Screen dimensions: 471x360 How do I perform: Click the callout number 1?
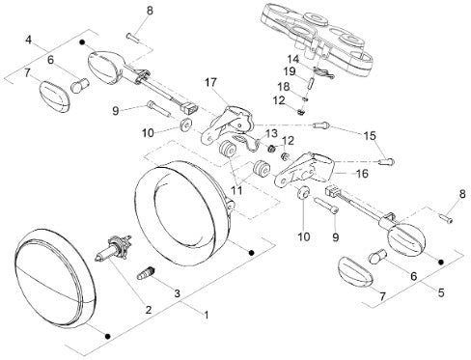coord(207,315)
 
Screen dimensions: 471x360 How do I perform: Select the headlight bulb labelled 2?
coord(113,248)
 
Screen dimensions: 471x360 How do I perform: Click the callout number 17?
coord(211,82)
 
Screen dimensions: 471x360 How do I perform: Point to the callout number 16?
coord(362,174)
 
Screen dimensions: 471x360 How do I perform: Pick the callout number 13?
coord(271,133)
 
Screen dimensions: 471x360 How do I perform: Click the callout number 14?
coord(293,59)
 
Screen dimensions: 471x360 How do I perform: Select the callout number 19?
coord(290,71)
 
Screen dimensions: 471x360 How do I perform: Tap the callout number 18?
coord(284,87)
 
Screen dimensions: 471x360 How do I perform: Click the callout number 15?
coord(370,135)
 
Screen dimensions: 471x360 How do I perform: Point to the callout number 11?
coord(237,190)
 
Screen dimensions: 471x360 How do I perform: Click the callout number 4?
coord(29,41)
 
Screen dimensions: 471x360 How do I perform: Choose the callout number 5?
coord(441,292)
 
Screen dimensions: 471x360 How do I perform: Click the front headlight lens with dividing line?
coord(55,278)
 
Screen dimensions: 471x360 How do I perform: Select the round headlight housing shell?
coord(183,213)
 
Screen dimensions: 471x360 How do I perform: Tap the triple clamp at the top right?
coord(318,41)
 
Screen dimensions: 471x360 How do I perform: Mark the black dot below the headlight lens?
coord(108,336)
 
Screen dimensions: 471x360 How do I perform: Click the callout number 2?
coord(149,310)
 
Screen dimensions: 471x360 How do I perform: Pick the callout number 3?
coord(177,293)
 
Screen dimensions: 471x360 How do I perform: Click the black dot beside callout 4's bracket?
coord(82,42)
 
